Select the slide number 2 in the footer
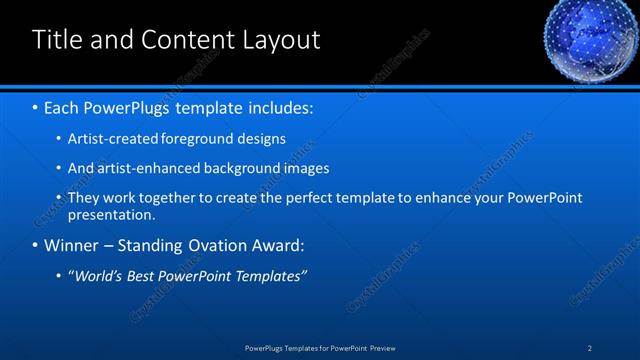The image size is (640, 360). [x=590, y=348]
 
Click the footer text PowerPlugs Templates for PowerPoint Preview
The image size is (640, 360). [x=320, y=348]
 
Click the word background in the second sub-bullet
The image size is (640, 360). [x=238, y=168]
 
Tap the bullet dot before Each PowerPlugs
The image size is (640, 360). [x=36, y=106]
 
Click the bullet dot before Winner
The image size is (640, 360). [x=36, y=245]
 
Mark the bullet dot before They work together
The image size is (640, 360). [x=59, y=198]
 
